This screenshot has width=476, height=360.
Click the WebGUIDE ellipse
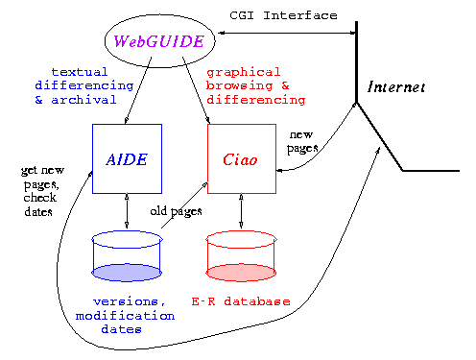click(158, 40)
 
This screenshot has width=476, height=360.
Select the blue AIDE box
click(127, 158)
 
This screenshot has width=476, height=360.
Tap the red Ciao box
click(242, 158)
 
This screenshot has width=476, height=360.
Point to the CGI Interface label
click(284, 15)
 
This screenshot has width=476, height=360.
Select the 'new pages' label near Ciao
click(303, 143)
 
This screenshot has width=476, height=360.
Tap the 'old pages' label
click(177, 209)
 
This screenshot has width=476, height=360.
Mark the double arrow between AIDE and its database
click(127, 210)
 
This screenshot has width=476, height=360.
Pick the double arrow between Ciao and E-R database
click(242, 210)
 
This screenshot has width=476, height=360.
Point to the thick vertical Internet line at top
click(356, 58)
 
